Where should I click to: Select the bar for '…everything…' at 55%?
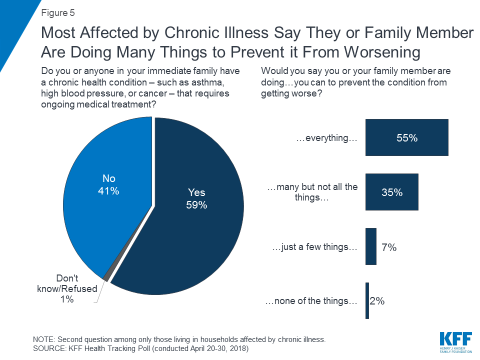pyautogui.click(x=406, y=138)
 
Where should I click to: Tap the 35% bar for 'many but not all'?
pyautogui.click(x=391, y=192)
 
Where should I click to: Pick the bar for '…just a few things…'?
pyautogui.click(x=370, y=246)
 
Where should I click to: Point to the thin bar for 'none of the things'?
pyautogui.click(x=367, y=300)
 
